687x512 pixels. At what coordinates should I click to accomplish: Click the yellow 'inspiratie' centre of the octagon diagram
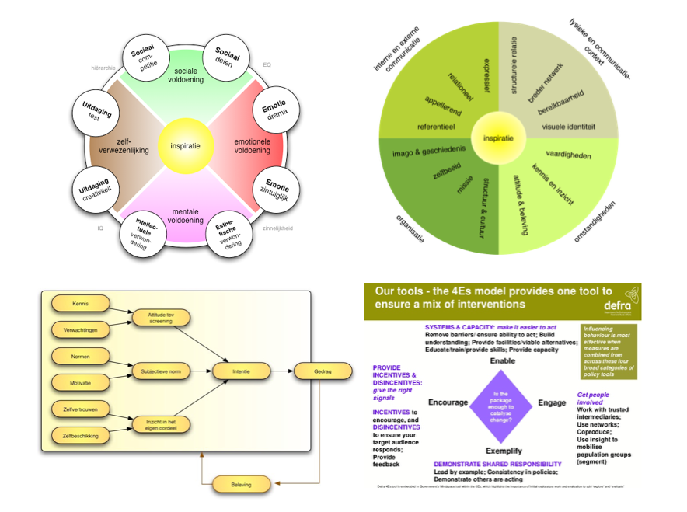click(185, 146)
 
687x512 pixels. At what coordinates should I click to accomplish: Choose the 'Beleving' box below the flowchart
click(241, 485)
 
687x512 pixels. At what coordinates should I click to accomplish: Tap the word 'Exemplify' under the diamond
click(504, 450)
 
